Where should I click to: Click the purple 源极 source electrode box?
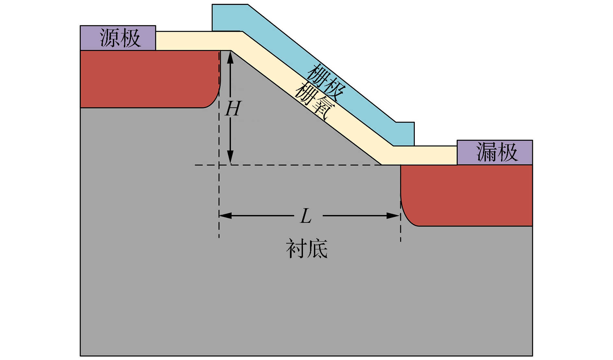[x=118, y=38]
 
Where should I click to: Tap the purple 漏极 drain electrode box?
[x=495, y=152]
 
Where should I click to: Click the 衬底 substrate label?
[x=306, y=249]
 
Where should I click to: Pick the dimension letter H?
[x=233, y=109]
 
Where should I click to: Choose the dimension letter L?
[x=306, y=216]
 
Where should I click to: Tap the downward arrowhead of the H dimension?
[x=230, y=158]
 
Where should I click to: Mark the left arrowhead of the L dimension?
[x=224, y=216]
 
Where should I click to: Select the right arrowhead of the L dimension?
[x=394, y=216]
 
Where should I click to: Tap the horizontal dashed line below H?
[x=292, y=165]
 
